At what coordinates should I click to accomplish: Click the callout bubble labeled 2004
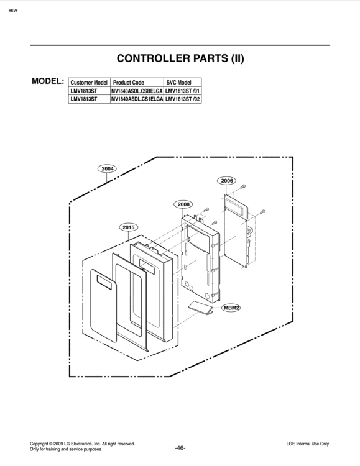click(x=107, y=168)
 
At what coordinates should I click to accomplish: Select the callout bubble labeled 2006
click(x=227, y=180)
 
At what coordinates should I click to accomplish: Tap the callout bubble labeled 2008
click(x=183, y=204)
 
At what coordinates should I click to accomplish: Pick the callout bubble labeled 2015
click(x=129, y=227)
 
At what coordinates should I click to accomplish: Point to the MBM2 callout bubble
click(x=231, y=308)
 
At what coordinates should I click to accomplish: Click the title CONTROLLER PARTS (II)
click(x=180, y=58)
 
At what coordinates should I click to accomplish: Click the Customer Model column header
click(x=89, y=82)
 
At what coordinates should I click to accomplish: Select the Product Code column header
click(x=129, y=82)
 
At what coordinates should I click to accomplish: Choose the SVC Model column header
click(x=178, y=82)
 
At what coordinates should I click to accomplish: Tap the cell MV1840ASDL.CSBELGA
click(x=137, y=91)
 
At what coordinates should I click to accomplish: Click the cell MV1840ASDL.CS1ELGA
click(x=137, y=99)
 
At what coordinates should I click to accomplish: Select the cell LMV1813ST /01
click(x=182, y=91)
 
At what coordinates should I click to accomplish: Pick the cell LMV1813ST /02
click(x=182, y=99)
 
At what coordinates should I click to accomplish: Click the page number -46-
click(x=180, y=448)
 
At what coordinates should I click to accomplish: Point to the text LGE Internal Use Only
click(x=308, y=444)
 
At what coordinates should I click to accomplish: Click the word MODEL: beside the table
click(x=48, y=81)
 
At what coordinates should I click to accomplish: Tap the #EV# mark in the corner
click(x=14, y=11)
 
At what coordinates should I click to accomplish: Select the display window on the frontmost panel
click(x=104, y=282)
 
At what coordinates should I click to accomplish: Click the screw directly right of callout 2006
click(x=243, y=186)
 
